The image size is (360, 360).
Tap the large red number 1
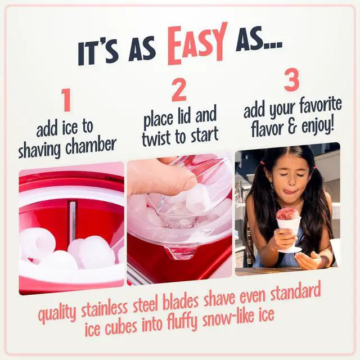pyautogui.click(x=66, y=101)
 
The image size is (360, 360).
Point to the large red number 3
pyautogui.click(x=291, y=80)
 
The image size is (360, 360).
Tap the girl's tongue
pyautogui.click(x=289, y=192)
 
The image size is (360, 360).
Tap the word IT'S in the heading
pyautogui.click(x=102, y=53)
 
